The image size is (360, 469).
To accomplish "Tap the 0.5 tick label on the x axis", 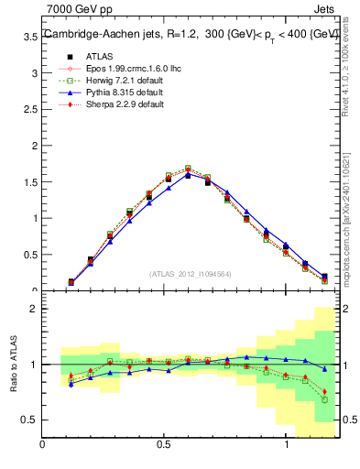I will [x=164, y=444].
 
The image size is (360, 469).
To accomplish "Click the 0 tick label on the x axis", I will [x=42, y=444].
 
